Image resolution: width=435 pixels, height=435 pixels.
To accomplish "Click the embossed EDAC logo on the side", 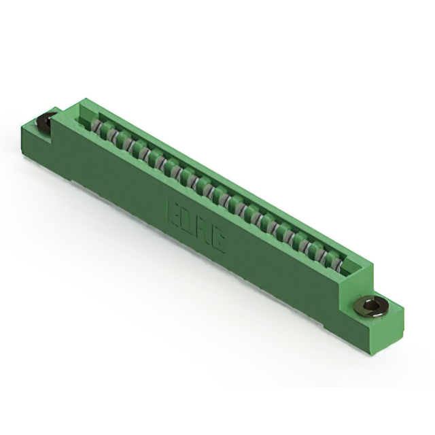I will click(196, 224).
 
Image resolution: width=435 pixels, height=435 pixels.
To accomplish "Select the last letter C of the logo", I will click(219, 239).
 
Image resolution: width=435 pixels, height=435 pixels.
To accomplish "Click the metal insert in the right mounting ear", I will click(369, 307).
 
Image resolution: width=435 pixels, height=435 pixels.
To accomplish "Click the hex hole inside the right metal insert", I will click(370, 307).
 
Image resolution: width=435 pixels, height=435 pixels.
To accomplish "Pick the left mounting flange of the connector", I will click(41, 139).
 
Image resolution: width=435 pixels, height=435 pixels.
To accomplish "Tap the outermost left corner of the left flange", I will click(22, 126).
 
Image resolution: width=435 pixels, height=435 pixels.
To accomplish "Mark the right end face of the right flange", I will click(395, 330).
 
